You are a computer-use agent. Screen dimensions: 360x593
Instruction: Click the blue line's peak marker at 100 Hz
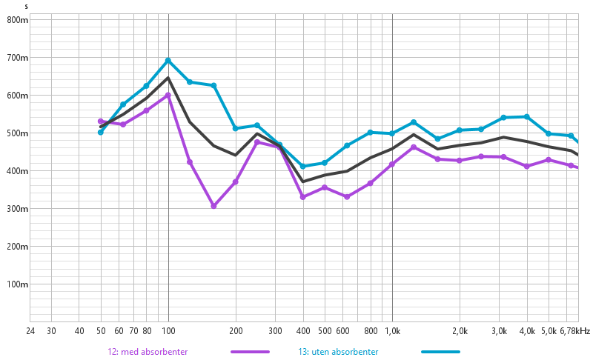pos(168,61)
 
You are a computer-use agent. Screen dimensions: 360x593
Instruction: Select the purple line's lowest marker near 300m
pos(213,206)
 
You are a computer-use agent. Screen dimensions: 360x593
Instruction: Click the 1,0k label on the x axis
pos(392,331)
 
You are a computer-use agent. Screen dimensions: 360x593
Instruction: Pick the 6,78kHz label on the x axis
pos(575,331)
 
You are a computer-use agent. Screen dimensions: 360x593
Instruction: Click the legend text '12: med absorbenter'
pos(148,352)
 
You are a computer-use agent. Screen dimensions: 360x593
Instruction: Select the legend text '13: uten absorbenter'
pos(339,352)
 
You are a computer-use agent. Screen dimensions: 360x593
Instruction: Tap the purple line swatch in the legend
pos(250,352)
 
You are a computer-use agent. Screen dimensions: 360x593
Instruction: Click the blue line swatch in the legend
pos(440,352)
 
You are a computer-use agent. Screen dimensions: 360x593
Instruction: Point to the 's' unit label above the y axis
pos(27,7)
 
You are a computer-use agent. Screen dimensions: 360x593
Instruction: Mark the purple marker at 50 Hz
pos(101,121)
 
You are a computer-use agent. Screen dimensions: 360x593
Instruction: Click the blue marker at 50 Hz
pos(101,132)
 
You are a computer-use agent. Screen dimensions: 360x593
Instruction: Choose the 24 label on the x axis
pos(30,331)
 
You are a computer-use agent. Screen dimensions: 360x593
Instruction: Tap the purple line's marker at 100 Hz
pos(168,96)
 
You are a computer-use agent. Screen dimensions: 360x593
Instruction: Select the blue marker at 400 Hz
pos(302,167)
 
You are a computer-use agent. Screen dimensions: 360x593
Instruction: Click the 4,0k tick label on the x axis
pos(527,331)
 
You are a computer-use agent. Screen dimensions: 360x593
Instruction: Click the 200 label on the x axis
pos(236,331)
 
